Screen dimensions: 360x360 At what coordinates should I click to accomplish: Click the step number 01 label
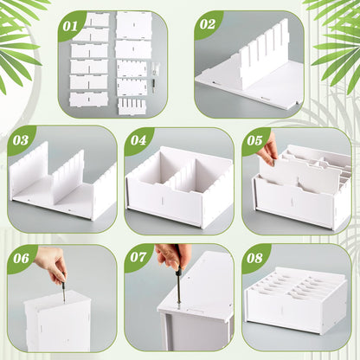[x=70, y=27]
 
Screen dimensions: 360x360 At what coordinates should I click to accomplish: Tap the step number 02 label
[x=207, y=24]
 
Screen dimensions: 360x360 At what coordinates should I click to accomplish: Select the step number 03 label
[x=21, y=140]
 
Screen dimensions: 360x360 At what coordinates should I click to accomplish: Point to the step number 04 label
[x=138, y=140]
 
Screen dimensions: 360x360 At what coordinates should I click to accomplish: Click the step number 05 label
[x=254, y=140]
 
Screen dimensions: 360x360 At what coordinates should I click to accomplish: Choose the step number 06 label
[x=21, y=258]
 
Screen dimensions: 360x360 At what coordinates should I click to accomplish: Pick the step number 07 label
[x=138, y=257]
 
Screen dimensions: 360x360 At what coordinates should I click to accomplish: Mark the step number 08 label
[x=254, y=258]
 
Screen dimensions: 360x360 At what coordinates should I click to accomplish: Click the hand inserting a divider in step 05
[x=269, y=151]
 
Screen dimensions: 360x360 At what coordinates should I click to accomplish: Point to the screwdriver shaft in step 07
[x=179, y=287]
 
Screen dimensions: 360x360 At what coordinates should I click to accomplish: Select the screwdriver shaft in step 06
[x=64, y=292]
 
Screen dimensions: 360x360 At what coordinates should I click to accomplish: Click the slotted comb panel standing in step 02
[x=262, y=55]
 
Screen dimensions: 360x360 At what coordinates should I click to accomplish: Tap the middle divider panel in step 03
[x=69, y=176]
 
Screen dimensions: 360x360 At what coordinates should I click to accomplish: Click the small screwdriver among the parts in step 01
[x=154, y=86]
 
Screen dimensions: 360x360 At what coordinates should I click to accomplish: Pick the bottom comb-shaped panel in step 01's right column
[x=132, y=106]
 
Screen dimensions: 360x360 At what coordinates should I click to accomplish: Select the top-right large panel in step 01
[x=134, y=25]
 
